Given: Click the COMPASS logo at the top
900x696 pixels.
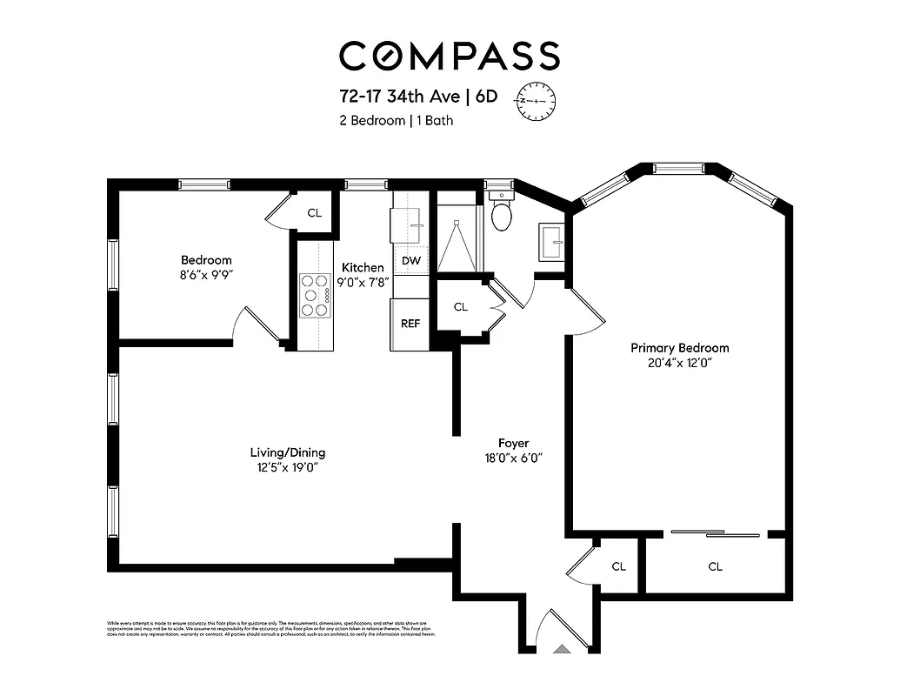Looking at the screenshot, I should click(449, 56).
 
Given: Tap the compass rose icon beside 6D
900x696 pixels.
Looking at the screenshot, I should click(537, 101).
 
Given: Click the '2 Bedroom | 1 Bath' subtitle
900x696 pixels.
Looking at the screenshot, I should click(396, 121).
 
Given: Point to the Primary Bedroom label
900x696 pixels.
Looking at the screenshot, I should click(679, 348).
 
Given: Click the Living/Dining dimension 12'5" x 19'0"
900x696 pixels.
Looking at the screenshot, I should click(287, 467).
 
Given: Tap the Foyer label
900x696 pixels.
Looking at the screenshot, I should click(513, 443).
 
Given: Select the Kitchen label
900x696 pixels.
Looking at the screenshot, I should click(363, 267).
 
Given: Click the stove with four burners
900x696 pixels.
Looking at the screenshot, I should click(316, 296).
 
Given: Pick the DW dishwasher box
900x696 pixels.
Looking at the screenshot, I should click(411, 260).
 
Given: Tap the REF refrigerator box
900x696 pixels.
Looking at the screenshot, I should click(410, 324).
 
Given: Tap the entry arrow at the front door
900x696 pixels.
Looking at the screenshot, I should click(563, 647).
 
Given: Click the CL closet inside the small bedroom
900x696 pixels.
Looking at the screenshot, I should click(315, 212).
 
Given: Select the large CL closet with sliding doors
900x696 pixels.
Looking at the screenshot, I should click(715, 566).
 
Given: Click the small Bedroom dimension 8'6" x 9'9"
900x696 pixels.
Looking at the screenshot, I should click(206, 275).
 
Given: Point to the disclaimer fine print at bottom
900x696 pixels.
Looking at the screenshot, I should click(270, 629).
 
